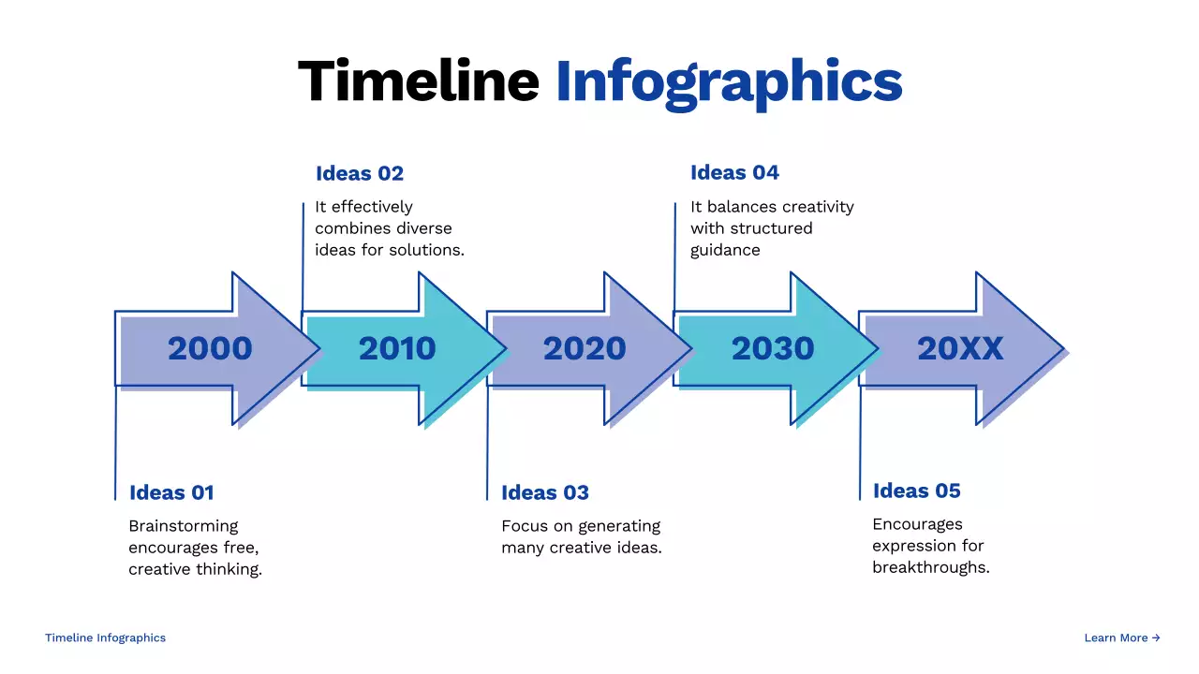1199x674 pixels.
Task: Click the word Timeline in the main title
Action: tap(418, 81)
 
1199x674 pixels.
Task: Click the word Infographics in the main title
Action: tap(729, 82)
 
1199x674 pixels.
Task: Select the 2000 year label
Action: tap(210, 348)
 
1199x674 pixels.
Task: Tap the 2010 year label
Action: tap(397, 348)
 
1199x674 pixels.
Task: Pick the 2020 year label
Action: tap(585, 348)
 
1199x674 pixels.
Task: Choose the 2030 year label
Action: tap(773, 348)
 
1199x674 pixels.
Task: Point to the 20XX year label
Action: tap(960, 348)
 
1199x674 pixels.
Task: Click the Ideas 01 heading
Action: tap(171, 492)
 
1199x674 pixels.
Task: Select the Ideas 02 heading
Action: tap(360, 173)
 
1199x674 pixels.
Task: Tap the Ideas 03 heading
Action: tap(545, 492)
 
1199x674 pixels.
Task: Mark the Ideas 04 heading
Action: tap(734, 172)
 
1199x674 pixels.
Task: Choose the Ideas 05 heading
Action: tap(917, 491)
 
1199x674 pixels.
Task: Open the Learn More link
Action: tap(1122, 637)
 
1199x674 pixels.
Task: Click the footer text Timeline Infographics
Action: tap(105, 637)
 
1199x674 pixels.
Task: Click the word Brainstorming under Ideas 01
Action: tap(184, 526)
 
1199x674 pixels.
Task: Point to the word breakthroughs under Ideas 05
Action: tap(929, 567)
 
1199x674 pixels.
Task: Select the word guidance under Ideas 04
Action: tap(725, 250)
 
